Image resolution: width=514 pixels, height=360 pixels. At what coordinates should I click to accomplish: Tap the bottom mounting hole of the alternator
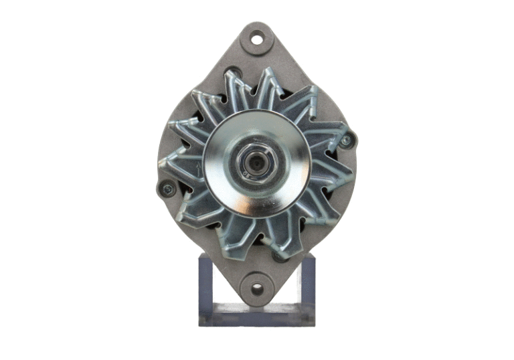pos(257,289)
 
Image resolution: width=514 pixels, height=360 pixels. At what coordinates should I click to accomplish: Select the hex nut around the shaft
pos(250,163)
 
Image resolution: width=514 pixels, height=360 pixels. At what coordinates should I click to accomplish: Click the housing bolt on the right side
pos(346,141)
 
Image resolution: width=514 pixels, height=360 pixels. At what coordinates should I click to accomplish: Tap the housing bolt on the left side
pos(166,189)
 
